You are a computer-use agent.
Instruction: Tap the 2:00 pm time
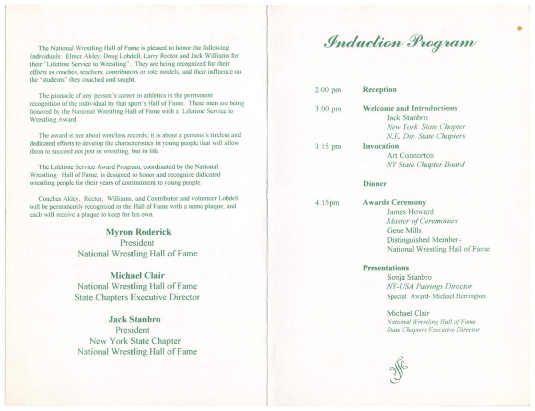[x=328, y=90]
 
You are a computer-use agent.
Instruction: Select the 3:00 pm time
[x=328, y=109]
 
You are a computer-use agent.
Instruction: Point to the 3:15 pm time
[x=328, y=146]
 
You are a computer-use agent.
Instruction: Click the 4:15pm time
[x=327, y=203]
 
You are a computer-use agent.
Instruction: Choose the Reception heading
[x=379, y=89]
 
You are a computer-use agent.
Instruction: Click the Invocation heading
[x=380, y=146]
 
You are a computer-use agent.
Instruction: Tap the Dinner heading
[x=375, y=184]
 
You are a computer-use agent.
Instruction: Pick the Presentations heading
[x=386, y=268]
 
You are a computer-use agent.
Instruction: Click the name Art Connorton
[x=410, y=156]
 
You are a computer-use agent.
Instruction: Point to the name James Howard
[x=410, y=212]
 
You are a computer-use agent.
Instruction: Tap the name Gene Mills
[x=404, y=231]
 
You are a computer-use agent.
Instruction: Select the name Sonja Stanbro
[x=409, y=277]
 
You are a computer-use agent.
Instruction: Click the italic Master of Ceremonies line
[x=422, y=221]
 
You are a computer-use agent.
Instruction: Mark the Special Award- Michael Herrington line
[x=436, y=296]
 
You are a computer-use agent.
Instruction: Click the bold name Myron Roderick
[x=138, y=232]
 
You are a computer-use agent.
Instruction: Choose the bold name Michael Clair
[x=137, y=276]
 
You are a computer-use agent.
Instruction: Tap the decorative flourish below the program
[x=398, y=372]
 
